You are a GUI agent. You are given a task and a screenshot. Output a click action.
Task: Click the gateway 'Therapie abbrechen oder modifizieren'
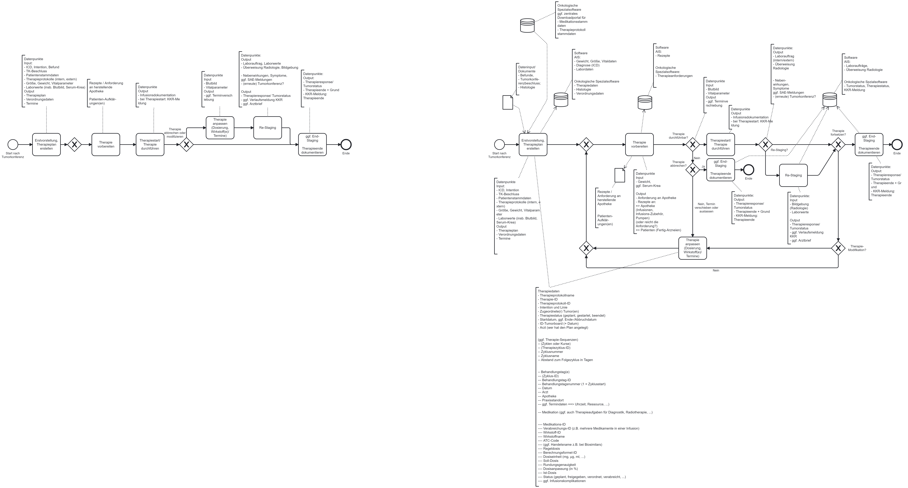[186, 145]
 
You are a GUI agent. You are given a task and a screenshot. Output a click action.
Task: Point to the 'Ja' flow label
[703, 166]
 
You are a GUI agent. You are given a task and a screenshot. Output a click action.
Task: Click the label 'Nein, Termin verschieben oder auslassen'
[706, 208]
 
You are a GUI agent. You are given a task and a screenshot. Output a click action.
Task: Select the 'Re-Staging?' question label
[779, 150]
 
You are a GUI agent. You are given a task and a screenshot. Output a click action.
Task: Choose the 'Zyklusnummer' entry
[550, 352]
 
